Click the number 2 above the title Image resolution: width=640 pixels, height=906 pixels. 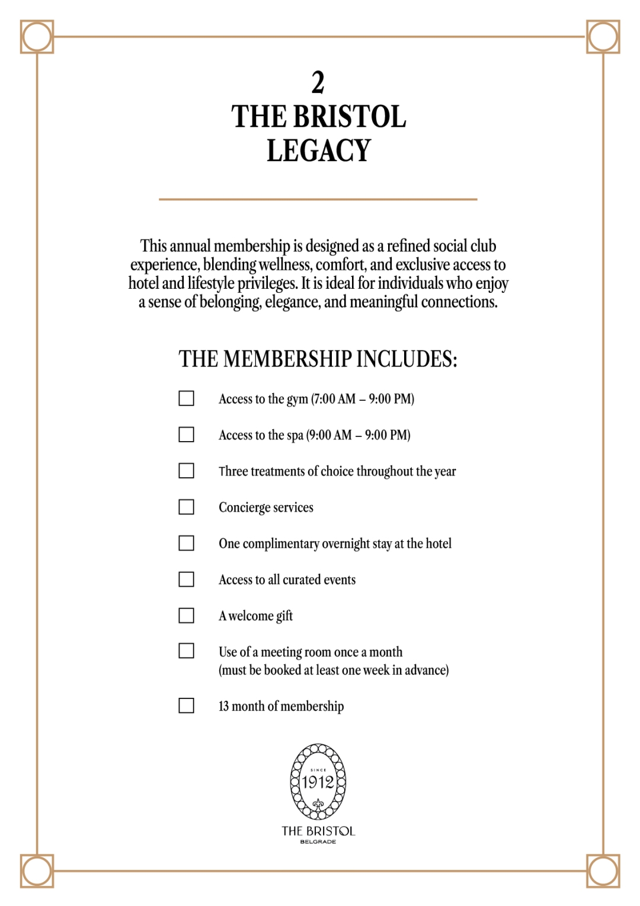(318, 82)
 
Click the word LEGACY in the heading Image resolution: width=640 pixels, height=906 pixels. (319, 151)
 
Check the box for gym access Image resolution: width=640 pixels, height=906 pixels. (186, 398)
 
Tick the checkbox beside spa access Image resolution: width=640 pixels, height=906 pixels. (186, 435)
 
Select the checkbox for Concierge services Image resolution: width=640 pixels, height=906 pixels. (186, 507)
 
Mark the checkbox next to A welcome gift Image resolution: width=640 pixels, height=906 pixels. (186, 615)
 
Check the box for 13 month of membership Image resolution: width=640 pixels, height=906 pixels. (186, 706)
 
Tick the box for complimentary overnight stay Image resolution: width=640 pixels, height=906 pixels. (186, 543)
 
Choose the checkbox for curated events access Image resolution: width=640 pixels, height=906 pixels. (186, 579)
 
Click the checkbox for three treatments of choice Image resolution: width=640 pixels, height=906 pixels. (186, 471)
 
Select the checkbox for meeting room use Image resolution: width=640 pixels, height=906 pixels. (186, 651)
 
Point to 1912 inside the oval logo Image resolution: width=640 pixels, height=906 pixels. (318, 782)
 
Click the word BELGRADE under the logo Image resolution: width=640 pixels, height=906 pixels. (318, 842)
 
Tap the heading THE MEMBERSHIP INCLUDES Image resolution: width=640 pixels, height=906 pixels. (318, 359)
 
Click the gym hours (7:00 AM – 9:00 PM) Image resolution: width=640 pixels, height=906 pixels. (363, 399)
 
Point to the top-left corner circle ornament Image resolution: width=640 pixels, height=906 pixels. (37, 37)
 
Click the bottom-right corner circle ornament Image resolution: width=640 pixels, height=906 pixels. (603, 871)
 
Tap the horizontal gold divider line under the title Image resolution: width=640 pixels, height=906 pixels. (318, 199)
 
